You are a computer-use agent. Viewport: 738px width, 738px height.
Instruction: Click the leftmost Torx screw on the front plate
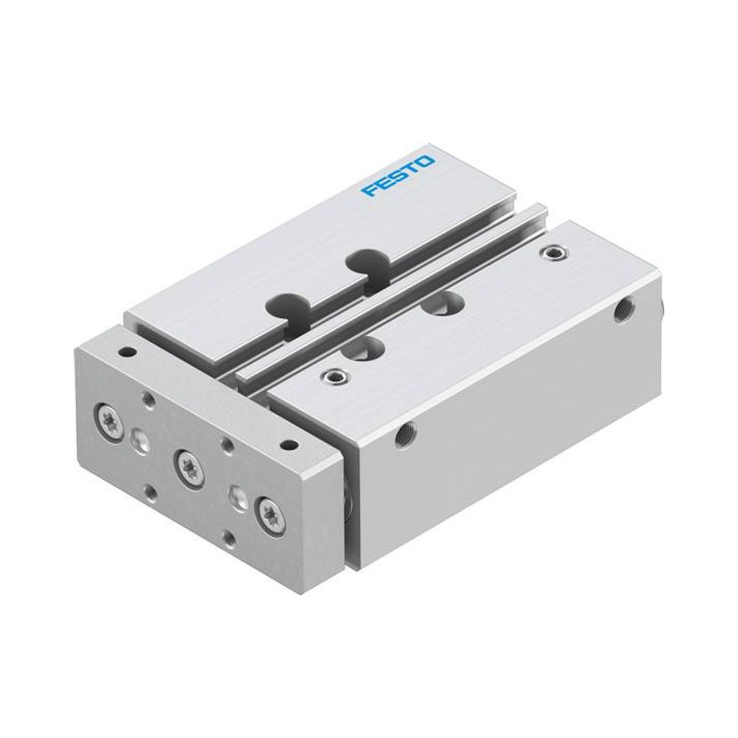pyautogui.click(x=109, y=422)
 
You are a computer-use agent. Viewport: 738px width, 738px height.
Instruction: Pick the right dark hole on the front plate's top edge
pyautogui.click(x=290, y=444)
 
